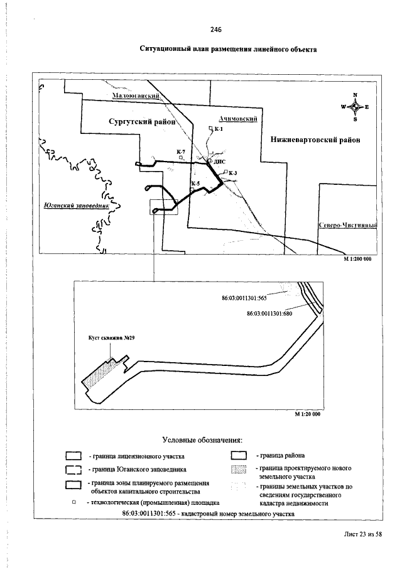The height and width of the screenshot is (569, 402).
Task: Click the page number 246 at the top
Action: (216, 30)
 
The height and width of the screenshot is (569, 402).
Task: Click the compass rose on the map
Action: (355, 107)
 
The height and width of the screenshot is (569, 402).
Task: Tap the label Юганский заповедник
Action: (78, 205)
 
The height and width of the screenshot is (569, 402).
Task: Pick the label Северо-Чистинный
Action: (347, 225)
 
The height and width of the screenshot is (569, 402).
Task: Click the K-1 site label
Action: (219, 129)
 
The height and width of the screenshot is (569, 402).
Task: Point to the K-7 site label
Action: (181, 153)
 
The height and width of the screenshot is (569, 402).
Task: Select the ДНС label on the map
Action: (219, 162)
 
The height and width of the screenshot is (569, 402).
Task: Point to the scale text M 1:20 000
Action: (308, 414)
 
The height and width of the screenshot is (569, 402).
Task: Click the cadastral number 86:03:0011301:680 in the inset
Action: (269, 312)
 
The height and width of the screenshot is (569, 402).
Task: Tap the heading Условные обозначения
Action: (202, 439)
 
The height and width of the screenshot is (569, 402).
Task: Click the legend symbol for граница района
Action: (238, 455)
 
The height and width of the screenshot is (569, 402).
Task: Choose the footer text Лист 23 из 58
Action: (363, 534)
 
